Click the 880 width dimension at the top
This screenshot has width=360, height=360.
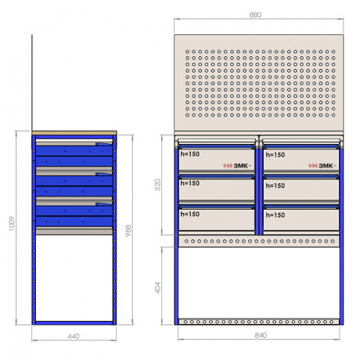tap(255, 15)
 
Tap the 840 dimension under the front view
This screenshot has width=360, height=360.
tap(261, 335)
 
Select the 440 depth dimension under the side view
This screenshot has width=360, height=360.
tap(74, 337)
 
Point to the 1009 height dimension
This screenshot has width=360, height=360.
tap(12, 224)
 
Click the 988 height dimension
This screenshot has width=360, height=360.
tap(128, 231)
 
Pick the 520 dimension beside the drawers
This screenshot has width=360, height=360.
tap(158, 185)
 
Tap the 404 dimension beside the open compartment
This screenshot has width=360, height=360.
tap(158, 287)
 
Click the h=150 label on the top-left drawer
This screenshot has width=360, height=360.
tap(190, 154)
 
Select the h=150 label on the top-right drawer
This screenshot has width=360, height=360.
tap(275, 155)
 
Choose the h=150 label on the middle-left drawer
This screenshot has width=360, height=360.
tap(190, 183)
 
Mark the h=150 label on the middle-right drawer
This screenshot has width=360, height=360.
tap(275, 185)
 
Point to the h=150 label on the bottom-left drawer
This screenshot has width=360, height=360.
tap(190, 214)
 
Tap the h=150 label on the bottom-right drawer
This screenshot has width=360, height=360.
tap(275, 215)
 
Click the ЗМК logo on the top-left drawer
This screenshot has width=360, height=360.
tap(237, 166)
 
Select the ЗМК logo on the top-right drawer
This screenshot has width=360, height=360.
tap(322, 166)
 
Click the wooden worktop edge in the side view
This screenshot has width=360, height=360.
tap(74, 133)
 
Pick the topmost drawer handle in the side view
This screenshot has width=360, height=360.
tap(104, 144)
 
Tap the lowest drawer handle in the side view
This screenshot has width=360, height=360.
tap(104, 204)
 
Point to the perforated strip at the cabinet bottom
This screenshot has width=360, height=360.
tap(259, 322)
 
